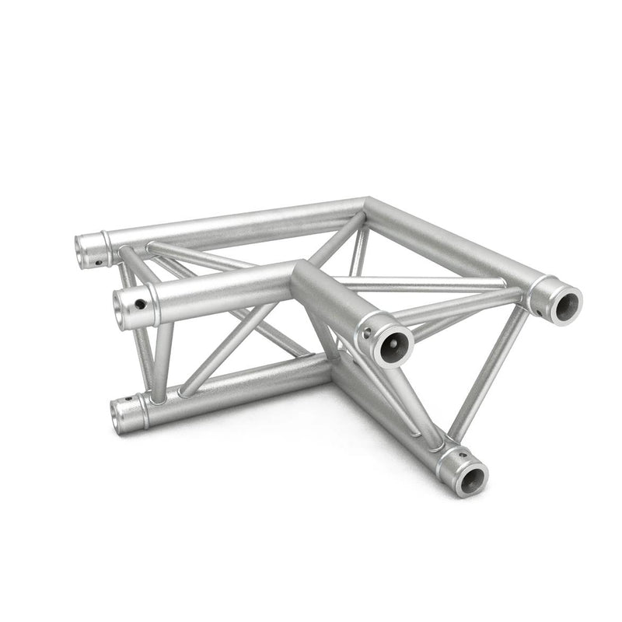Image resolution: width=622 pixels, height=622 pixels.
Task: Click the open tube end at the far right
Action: point(562,300)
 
